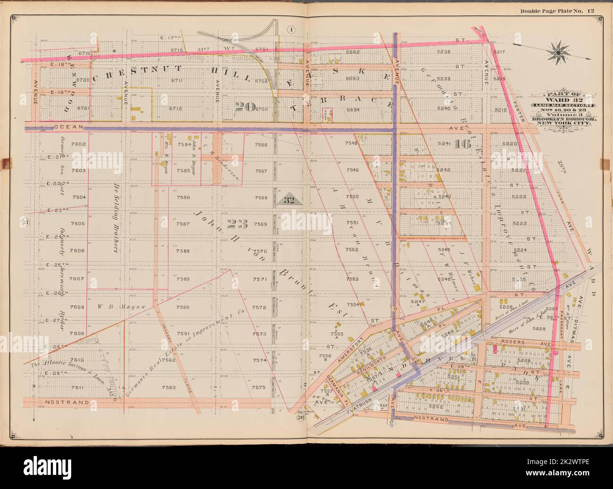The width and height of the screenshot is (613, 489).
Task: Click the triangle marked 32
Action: click(289, 200)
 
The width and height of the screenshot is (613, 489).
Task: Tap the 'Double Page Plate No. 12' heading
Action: click(560, 10)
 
